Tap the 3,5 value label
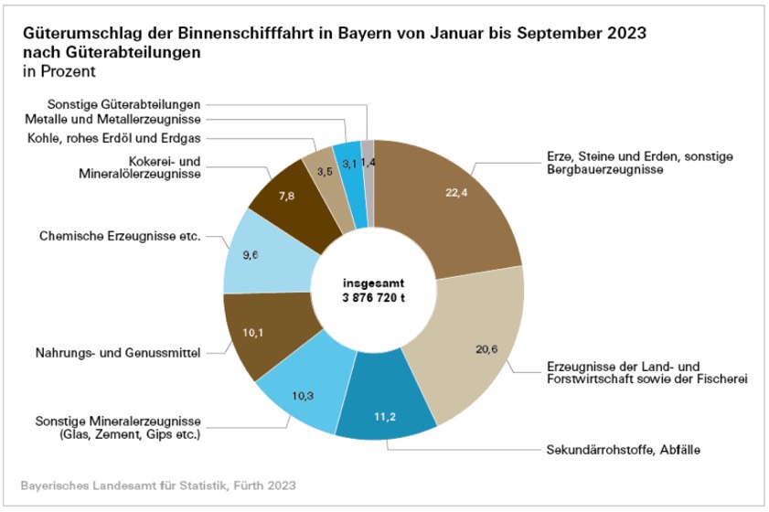pos(324,171)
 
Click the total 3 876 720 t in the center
pos(374,299)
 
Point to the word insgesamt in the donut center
pos(374,283)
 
